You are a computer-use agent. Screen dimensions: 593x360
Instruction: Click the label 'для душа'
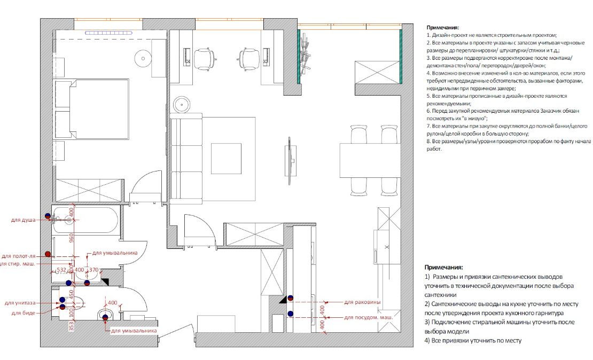pyautogui.click(x=23, y=220)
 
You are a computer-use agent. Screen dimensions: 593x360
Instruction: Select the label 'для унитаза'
pyautogui.click(x=20, y=303)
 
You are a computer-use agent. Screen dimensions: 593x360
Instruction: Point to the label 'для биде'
pyautogui.click(x=24, y=313)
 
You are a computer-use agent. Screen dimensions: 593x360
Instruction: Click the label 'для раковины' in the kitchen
pyautogui.click(x=362, y=302)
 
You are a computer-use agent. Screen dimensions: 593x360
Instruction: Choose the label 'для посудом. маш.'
pyautogui.click(x=369, y=317)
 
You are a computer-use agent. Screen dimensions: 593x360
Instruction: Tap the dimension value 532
pyautogui.click(x=61, y=270)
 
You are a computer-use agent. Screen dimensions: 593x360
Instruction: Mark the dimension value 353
pyautogui.click(x=72, y=326)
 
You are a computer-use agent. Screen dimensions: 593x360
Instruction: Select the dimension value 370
pyautogui.click(x=94, y=270)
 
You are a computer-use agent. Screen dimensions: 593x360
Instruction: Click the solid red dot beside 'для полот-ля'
pyautogui.click(x=48, y=254)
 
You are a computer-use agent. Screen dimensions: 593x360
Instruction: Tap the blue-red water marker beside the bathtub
pyautogui.click(x=48, y=216)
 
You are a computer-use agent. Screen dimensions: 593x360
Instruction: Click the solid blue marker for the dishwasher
pyautogui.click(x=290, y=314)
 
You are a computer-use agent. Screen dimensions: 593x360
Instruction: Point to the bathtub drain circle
pyautogui.click(x=68, y=220)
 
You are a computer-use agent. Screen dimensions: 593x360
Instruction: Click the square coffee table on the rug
pyautogui.click(x=226, y=159)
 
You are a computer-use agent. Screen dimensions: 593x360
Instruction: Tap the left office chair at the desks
pyautogui.click(x=204, y=59)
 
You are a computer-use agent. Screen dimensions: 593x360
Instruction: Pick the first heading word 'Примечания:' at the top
pyautogui.click(x=443, y=28)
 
